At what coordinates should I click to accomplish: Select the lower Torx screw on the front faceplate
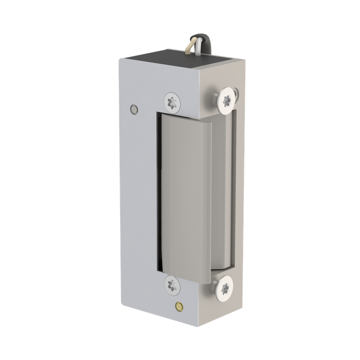[x=171, y=284]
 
